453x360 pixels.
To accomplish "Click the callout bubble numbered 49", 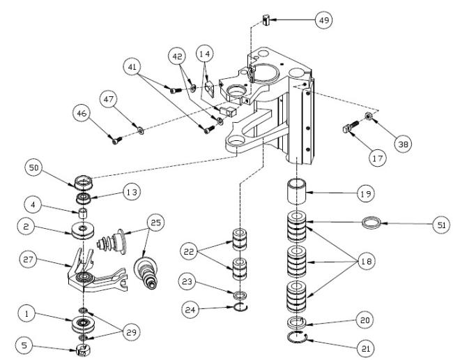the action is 323,20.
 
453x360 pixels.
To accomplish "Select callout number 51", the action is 441,225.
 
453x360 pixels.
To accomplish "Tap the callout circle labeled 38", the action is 403,144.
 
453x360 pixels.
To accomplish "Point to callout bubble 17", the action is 377,158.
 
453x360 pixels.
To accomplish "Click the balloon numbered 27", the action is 28,259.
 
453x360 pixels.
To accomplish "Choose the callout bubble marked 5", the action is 24,345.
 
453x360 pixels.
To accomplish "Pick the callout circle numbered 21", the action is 365,348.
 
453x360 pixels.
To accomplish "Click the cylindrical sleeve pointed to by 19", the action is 296,191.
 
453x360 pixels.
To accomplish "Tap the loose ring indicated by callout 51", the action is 371,223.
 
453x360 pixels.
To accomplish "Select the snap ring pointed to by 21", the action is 298,338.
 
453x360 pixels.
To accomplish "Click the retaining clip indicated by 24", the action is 240,308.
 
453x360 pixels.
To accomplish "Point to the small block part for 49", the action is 266,20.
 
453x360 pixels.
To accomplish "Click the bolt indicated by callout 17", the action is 351,127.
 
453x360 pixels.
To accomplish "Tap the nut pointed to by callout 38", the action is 369,116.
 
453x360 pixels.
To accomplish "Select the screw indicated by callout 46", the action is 116,141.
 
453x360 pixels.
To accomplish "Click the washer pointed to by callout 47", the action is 141,131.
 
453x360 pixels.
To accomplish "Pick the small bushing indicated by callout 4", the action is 84,213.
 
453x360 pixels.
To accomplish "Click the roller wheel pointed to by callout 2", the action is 83,231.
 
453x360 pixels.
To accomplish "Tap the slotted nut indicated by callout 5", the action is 83,350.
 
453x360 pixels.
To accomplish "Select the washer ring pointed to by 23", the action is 240,296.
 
